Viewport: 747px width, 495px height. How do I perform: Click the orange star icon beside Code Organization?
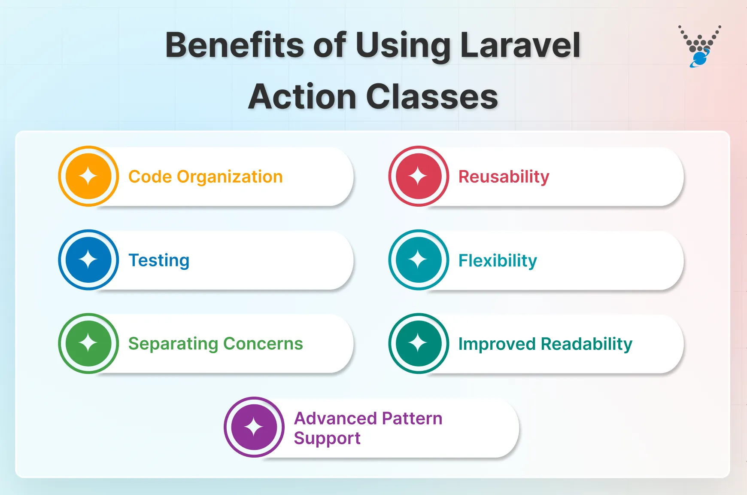pos(88,176)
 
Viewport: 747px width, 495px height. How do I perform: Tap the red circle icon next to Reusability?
pos(419,176)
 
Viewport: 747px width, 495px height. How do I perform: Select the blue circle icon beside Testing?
pos(88,260)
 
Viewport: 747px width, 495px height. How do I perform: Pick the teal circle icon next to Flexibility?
pos(419,260)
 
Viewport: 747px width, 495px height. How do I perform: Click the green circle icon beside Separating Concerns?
pos(88,343)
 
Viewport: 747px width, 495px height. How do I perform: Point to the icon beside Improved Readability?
pos(419,343)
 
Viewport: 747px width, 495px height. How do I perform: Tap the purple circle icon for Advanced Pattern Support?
pos(254,427)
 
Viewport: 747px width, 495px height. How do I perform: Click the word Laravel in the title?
pos(520,45)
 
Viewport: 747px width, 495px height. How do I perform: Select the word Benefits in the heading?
pos(234,45)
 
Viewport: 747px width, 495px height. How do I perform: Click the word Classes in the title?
pos(432,97)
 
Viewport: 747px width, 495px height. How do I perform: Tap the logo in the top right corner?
pos(700,46)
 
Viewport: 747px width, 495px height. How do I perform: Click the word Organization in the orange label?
pos(230,177)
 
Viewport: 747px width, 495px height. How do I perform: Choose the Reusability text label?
pos(504,177)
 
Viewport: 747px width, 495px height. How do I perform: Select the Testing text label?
pos(159,260)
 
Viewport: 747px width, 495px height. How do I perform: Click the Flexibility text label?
pos(498,260)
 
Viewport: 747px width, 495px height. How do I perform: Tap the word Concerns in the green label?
pos(263,344)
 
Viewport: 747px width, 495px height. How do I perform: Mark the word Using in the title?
pos(403,45)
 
